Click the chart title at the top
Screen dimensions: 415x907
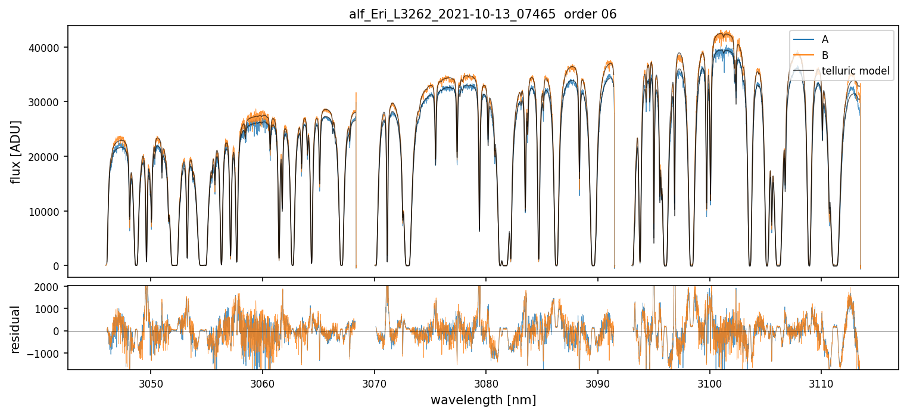[x=482, y=14]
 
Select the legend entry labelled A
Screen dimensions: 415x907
[x=825, y=40]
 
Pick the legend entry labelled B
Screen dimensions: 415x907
[x=825, y=55]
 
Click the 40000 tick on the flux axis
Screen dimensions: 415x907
[x=48, y=48]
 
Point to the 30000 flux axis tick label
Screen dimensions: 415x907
[x=48, y=102]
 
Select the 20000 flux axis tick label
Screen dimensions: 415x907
[x=48, y=157]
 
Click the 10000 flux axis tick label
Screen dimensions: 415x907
[x=48, y=211]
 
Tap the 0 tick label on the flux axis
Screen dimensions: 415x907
[x=58, y=266]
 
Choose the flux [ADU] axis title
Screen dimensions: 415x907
[x=16, y=151]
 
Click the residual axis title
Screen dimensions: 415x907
[x=16, y=329]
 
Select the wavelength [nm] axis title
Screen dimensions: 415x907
[x=482, y=399]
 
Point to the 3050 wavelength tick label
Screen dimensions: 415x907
[x=150, y=382]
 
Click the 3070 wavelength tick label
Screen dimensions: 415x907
[x=374, y=382]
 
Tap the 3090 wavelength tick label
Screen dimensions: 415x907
[x=598, y=382]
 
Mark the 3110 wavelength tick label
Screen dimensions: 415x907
[x=821, y=382]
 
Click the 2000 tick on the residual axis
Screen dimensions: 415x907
[x=51, y=287]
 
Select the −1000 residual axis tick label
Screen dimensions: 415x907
[x=49, y=354]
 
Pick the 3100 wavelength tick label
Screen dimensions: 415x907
[x=709, y=382]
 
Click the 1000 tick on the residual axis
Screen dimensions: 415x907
[x=51, y=309]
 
